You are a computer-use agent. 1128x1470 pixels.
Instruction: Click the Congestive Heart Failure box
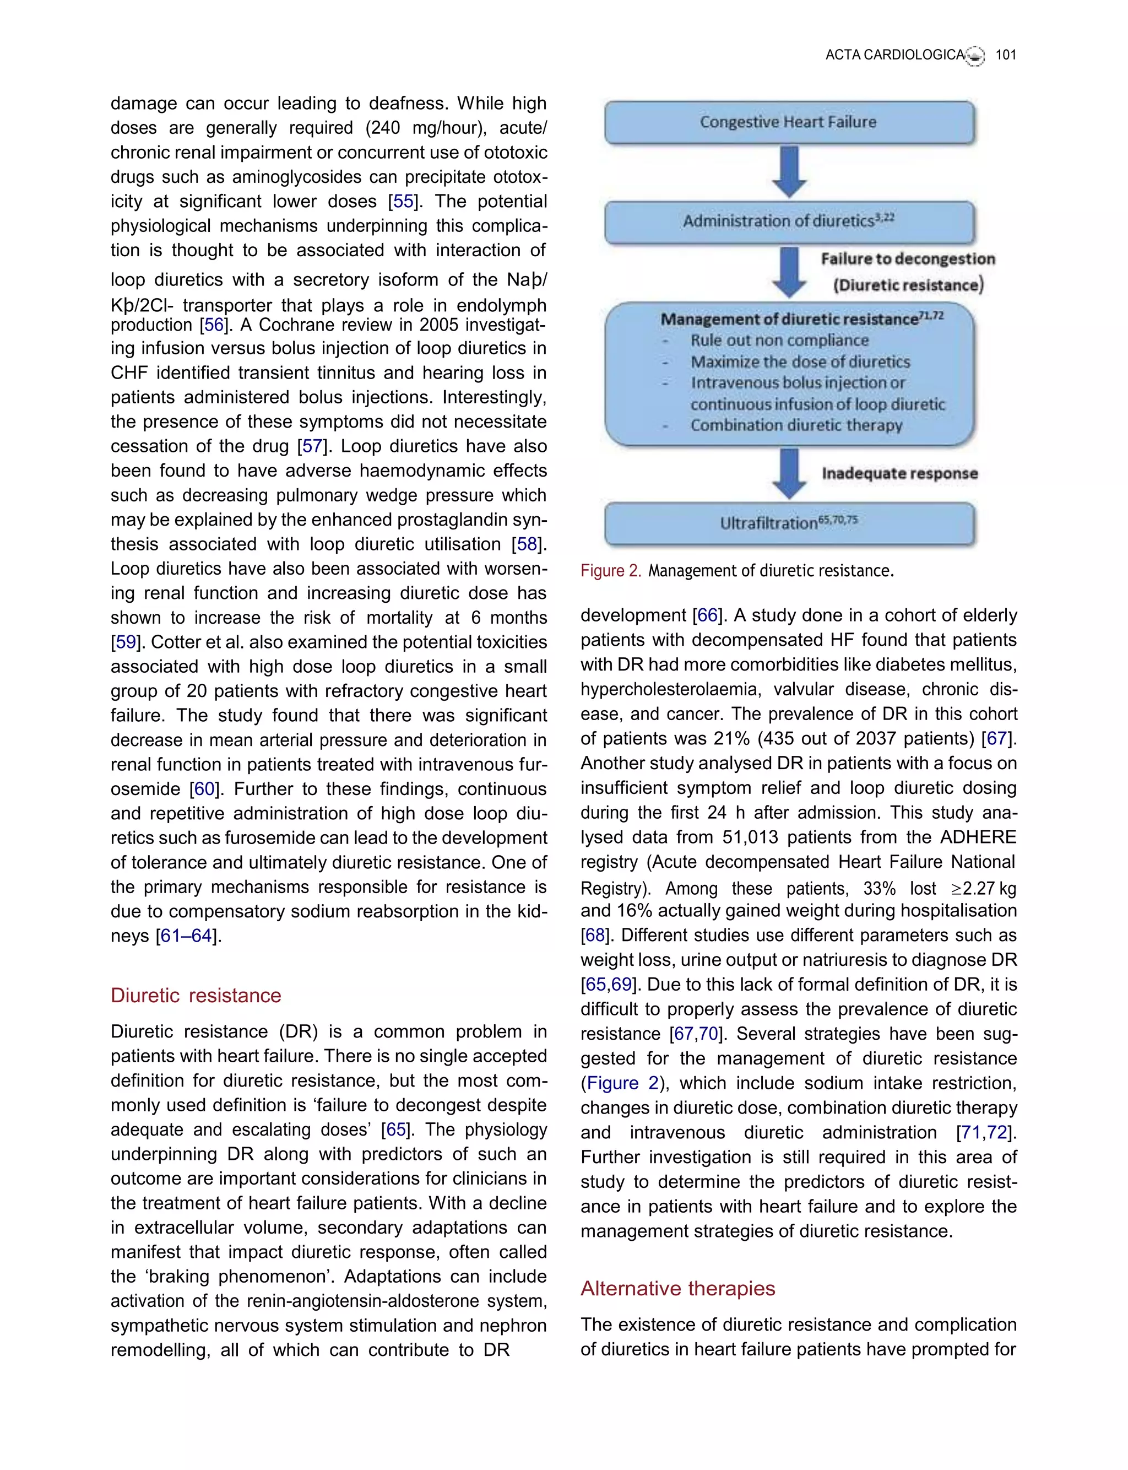789,122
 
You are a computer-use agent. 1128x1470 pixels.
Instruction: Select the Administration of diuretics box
789,221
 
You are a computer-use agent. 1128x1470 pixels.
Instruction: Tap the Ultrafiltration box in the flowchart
789,523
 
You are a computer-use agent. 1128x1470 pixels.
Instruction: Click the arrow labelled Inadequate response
790,473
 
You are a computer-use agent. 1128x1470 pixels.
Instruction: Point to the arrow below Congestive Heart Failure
790,172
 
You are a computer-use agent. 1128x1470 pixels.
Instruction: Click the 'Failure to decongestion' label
908,259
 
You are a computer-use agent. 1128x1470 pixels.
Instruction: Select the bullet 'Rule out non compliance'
779,341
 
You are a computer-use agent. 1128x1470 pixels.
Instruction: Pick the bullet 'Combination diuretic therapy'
796,426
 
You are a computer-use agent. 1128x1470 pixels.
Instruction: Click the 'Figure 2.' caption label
610,571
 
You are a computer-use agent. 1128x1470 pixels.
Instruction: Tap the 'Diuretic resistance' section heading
196,995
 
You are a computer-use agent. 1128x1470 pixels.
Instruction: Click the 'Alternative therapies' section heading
677,1288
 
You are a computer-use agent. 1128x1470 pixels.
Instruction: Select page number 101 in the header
1005,55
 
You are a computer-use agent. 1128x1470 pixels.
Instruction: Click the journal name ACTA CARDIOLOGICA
894,55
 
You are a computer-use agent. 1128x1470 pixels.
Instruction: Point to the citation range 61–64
186,936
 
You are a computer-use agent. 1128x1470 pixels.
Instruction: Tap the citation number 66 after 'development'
708,615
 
